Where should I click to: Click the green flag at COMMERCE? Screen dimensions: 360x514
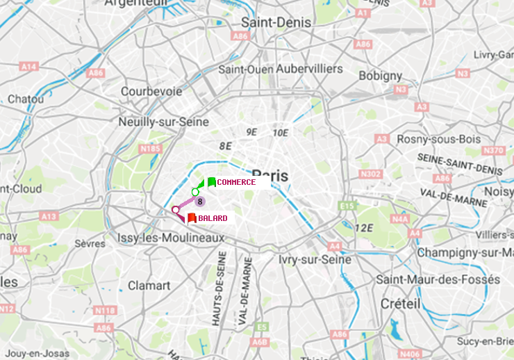point(211,182)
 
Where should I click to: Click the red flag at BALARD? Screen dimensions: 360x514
point(192,218)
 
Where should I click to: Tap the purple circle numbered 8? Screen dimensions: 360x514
point(200,202)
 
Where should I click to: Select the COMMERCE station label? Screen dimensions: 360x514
point(236,182)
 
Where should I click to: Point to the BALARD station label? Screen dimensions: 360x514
point(213,218)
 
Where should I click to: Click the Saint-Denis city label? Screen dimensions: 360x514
point(276,22)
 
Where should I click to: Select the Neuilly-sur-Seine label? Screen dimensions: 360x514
point(164,121)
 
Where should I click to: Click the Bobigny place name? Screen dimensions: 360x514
point(380,75)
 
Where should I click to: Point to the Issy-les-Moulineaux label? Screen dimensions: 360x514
point(171,238)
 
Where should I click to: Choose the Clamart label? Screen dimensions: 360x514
point(149,285)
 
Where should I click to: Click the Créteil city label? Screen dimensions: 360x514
point(400,304)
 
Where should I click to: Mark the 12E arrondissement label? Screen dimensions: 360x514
point(363,228)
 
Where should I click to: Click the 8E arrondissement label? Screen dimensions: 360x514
point(225,146)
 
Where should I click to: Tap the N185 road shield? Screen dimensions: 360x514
point(150,148)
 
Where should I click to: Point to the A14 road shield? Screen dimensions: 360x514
point(28,67)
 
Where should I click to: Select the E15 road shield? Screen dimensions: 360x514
point(347,206)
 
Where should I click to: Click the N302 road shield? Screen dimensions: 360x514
point(372,174)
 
